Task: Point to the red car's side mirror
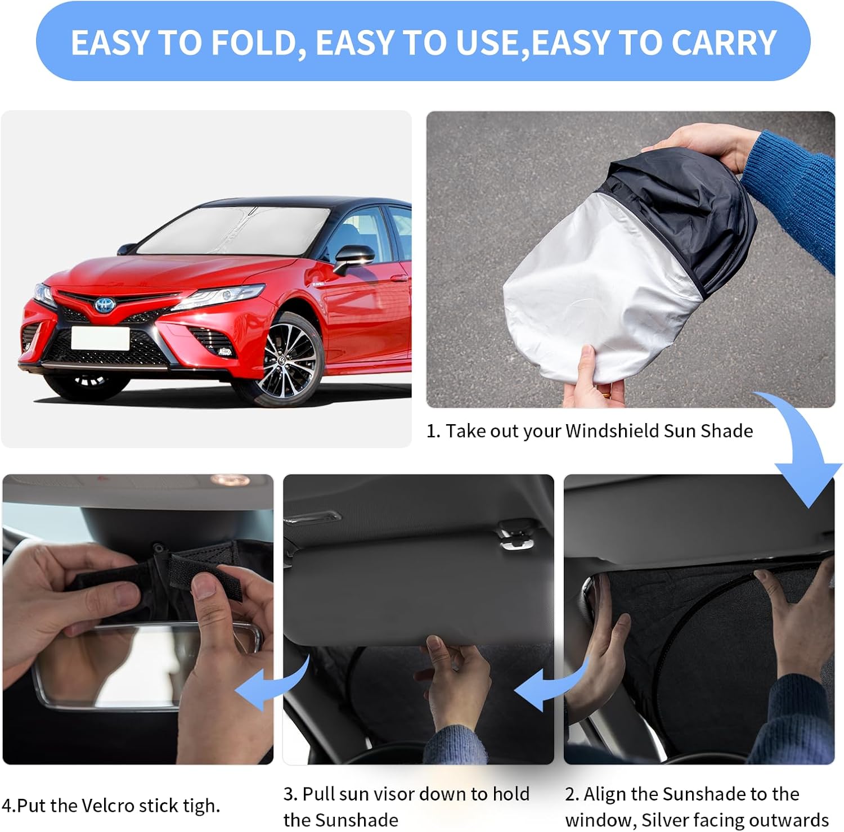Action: point(353,258)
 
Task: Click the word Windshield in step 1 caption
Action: point(612,431)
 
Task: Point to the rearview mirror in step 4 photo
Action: point(146,664)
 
